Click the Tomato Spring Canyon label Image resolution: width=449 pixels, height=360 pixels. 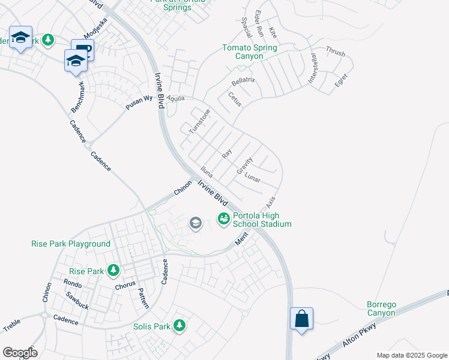(249, 52)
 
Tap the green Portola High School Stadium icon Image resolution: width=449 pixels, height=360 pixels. (223, 219)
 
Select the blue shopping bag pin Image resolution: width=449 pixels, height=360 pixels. (301, 319)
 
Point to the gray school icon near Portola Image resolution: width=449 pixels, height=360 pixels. (195, 224)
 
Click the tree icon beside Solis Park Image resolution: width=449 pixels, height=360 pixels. (179, 326)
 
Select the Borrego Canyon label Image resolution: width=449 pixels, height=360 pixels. (381, 308)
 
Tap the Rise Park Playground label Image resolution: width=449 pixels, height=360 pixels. (71, 244)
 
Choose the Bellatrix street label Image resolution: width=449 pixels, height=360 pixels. (243, 80)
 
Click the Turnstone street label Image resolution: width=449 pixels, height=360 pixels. (200, 122)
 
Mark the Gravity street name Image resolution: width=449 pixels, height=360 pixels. (244, 166)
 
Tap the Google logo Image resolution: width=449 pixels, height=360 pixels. (20, 353)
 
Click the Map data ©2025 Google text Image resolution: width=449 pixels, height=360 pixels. (412, 355)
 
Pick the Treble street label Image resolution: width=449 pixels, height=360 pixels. (12, 326)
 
